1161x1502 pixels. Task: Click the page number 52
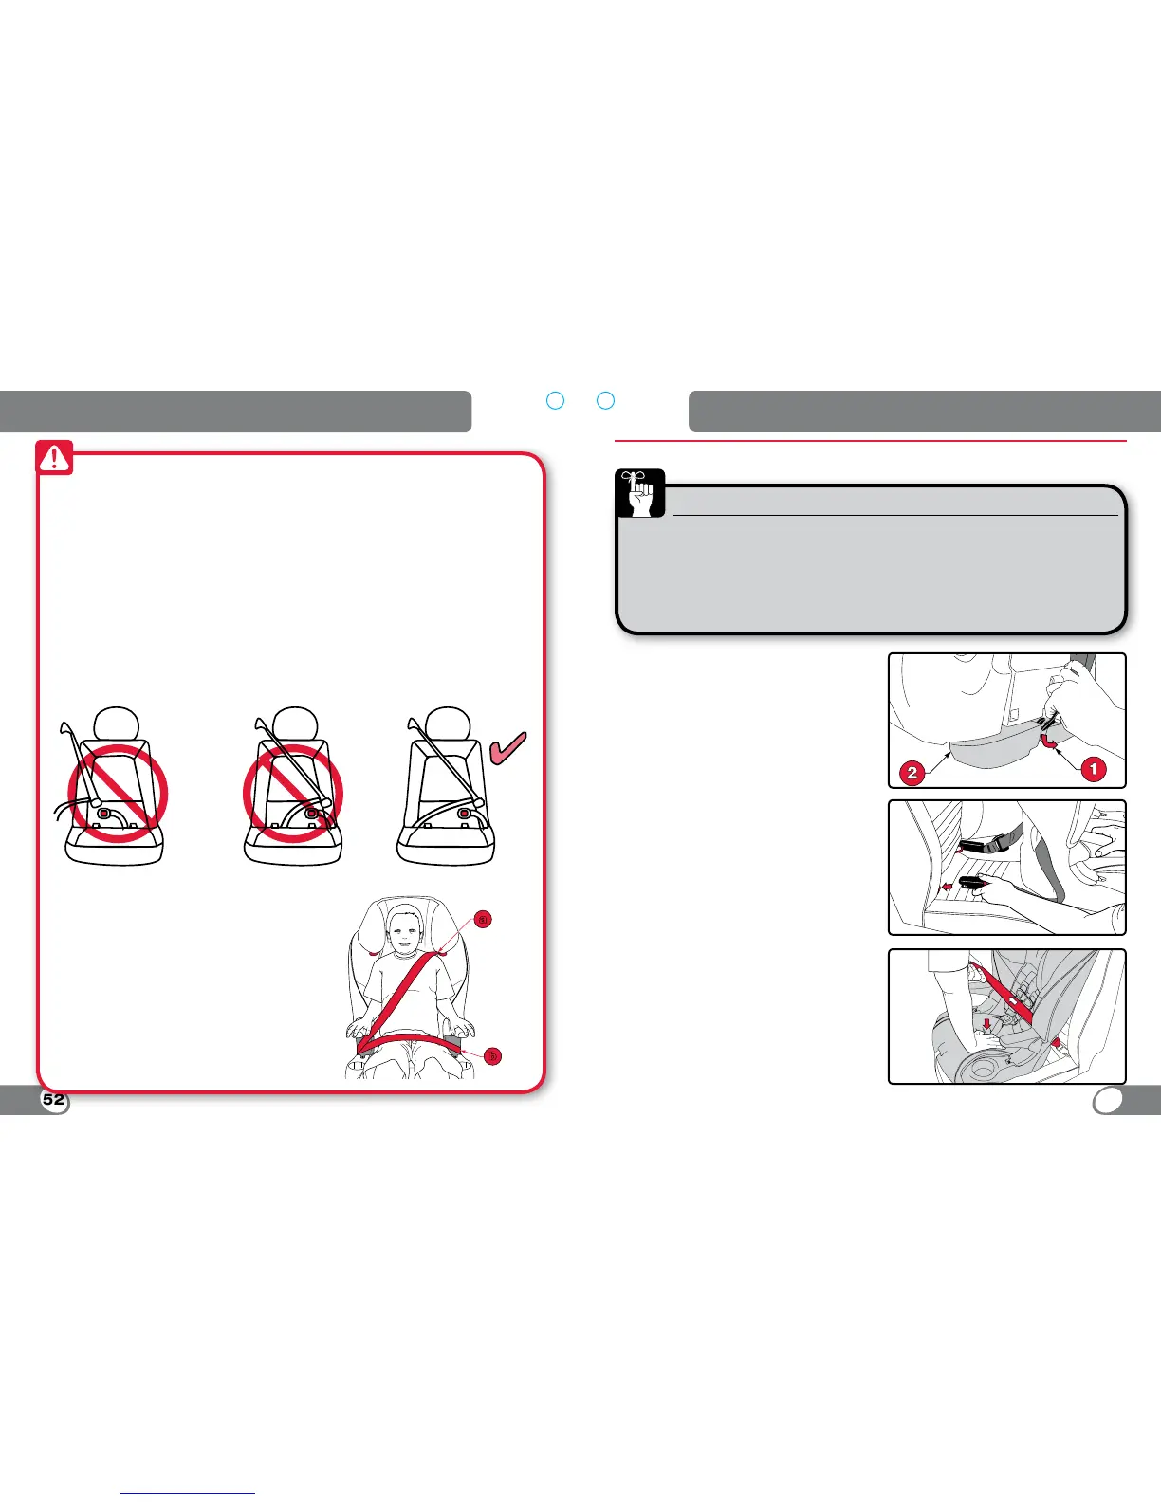coord(54,1100)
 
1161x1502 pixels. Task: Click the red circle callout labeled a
coord(483,919)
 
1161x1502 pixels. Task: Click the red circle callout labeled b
coord(492,1055)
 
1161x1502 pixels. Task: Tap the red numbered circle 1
coord(1093,768)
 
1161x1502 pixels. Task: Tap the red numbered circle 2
coord(912,772)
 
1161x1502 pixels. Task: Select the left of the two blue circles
coord(556,400)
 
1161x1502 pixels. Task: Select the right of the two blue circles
coord(605,400)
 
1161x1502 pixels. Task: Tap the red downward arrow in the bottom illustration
coord(987,1025)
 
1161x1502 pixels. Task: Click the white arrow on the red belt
coord(1014,999)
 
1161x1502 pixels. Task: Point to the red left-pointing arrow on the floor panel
coord(946,888)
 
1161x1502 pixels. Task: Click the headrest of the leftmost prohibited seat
coord(117,722)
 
